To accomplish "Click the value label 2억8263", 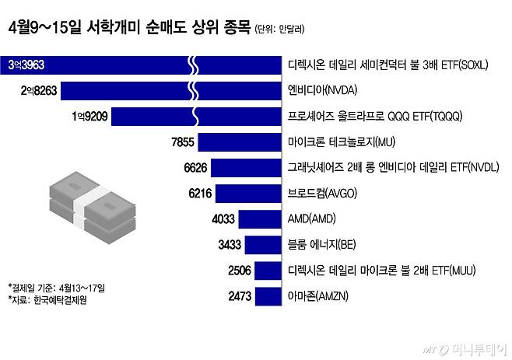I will coord(38,90).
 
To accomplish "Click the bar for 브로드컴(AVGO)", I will coord(248,193).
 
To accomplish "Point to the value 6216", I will coord(200,193).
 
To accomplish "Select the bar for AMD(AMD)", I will coord(259,218).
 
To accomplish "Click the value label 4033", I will coord(223,218).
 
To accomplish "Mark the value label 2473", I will coord(240,296).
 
